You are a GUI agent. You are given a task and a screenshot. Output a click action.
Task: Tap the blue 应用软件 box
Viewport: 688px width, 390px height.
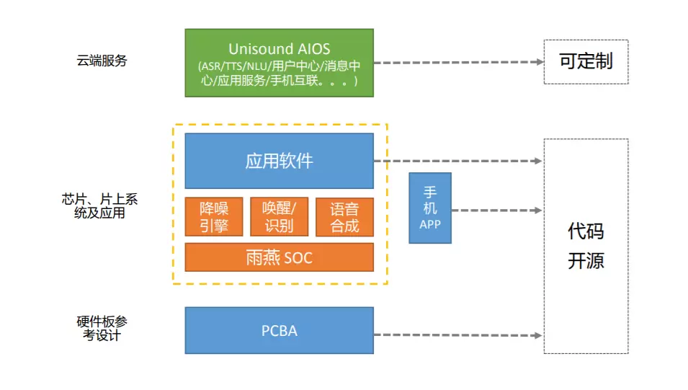click(279, 160)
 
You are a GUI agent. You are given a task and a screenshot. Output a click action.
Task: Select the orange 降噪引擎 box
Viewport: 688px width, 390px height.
click(214, 217)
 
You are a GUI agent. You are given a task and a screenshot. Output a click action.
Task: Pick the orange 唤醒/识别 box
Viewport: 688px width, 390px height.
click(279, 217)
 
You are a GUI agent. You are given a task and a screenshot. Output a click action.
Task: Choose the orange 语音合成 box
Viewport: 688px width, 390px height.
click(344, 217)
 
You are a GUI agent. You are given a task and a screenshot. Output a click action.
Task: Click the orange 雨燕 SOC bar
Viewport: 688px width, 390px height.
click(279, 257)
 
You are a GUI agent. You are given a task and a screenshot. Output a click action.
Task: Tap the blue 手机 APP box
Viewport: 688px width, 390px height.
click(430, 208)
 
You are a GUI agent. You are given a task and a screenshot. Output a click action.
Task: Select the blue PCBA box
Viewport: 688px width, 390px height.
click(279, 330)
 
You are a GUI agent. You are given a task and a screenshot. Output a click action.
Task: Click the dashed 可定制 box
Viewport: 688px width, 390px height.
click(586, 61)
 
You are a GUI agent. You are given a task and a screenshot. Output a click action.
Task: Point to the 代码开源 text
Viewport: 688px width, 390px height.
click(586, 246)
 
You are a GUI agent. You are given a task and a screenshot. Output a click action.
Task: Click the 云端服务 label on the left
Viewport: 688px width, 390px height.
click(102, 61)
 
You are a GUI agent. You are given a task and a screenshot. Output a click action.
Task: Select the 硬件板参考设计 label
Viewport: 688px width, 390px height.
click(102, 328)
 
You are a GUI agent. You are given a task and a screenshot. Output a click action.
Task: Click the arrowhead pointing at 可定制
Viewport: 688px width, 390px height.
click(540, 62)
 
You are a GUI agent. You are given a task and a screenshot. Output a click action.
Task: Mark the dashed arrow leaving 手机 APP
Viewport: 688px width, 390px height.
click(497, 210)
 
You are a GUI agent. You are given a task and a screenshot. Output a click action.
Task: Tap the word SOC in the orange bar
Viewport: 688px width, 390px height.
click(298, 257)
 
